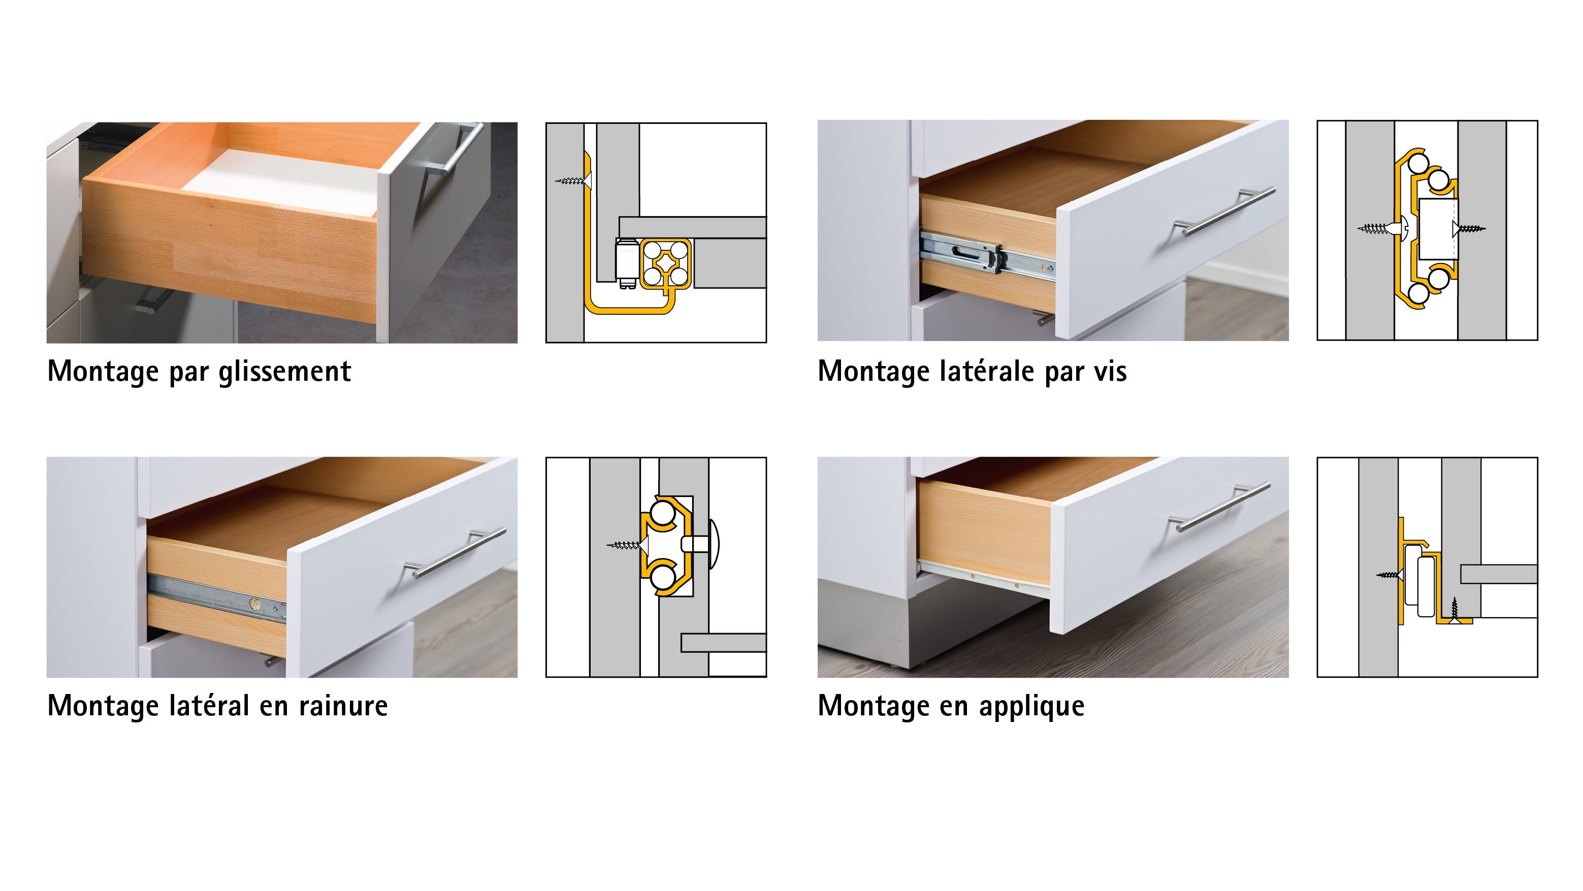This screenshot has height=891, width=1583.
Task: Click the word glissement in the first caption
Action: tap(284, 372)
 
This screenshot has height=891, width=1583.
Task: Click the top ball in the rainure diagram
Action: tap(662, 513)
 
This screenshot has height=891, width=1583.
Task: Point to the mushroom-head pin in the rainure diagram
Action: tap(707, 544)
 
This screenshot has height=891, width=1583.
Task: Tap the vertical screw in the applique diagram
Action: tap(1454, 608)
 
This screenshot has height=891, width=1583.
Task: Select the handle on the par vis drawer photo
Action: tap(1223, 213)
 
